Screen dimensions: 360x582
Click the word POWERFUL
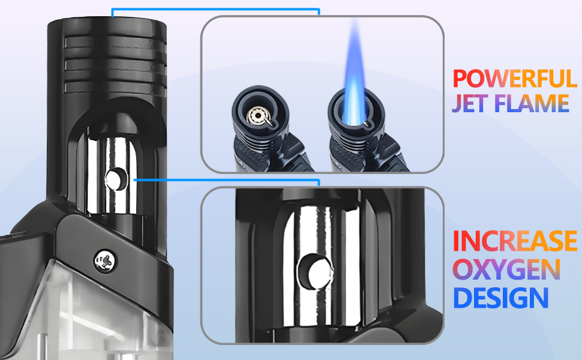[x=515, y=79]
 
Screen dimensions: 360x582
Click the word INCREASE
[x=515, y=241]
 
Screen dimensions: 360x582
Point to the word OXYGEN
[x=507, y=269]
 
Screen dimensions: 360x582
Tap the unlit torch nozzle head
[x=260, y=113]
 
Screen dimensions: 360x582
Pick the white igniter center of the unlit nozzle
[x=259, y=114]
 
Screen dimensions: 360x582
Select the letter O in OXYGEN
[x=464, y=269]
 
